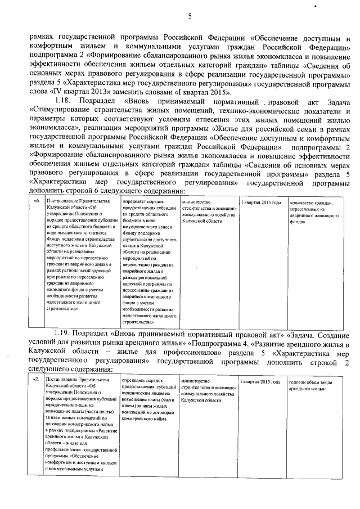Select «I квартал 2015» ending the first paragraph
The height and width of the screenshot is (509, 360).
pyautogui.click(x=208, y=92)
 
